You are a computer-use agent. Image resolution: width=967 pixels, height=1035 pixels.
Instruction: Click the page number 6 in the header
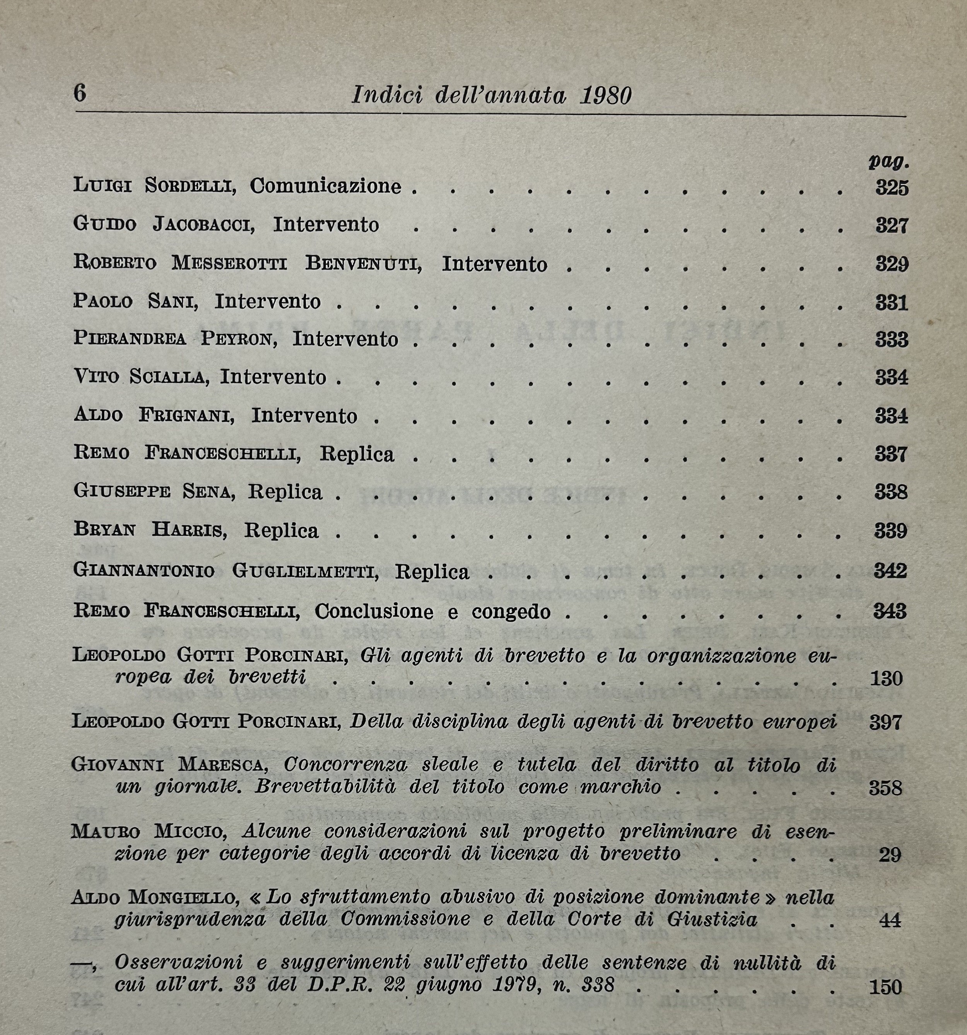(x=80, y=93)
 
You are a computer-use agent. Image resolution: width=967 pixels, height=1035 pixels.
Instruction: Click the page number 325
(x=892, y=188)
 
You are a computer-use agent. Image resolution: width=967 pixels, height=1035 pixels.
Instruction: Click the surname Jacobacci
(x=203, y=224)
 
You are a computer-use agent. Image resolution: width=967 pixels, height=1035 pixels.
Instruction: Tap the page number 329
(x=892, y=264)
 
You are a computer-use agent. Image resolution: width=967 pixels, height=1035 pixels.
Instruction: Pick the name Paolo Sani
(x=135, y=302)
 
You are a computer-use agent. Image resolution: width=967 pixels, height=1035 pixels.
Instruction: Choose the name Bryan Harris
(x=150, y=530)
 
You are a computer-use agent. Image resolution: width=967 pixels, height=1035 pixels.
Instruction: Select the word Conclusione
(x=373, y=611)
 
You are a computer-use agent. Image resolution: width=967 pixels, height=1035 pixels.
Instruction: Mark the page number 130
(x=886, y=679)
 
